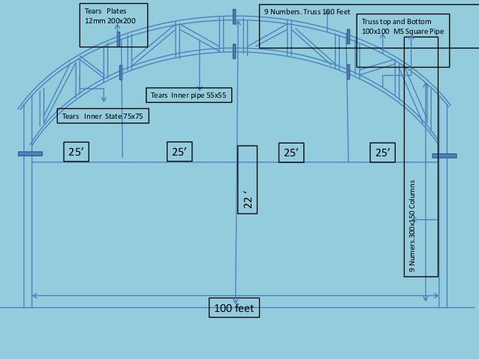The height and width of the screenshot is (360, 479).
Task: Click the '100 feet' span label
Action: pos(235,307)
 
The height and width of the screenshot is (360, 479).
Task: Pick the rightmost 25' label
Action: pos(384,153)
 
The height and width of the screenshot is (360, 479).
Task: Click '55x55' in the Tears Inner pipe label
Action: pos(216,95)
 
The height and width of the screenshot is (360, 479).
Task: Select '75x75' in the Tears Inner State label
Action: pos(134,116)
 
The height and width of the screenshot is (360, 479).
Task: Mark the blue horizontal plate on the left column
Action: pos(30,154)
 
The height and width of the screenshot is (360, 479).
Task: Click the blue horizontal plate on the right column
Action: pos(444,156)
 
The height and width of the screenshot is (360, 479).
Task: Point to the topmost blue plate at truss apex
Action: pos(234,16)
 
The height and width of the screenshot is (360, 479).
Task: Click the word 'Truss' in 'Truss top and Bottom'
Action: pos(371,22)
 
